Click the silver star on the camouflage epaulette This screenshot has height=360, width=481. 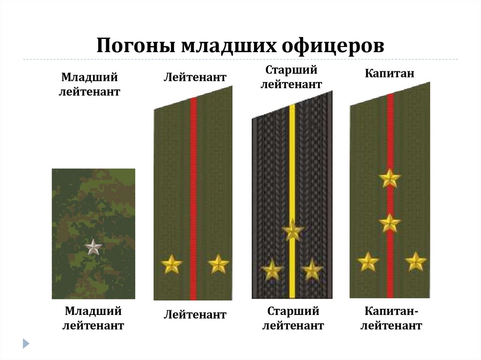(93, 247)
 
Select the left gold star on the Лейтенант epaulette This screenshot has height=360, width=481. (171, 265)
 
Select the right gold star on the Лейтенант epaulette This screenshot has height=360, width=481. (218, 264)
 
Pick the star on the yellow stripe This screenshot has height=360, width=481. (293, 230)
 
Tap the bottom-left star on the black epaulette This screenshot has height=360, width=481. (272, 270)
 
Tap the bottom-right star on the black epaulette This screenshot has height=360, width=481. (312, 270)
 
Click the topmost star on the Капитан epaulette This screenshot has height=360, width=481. (390, 178)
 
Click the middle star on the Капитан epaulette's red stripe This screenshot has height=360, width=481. (389, 223)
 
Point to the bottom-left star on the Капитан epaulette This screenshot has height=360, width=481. (367, 262)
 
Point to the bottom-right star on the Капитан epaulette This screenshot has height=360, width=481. (415, 261)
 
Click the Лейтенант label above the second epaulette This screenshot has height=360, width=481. (194, 77)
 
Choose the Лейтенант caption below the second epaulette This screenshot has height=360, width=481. (195, 314)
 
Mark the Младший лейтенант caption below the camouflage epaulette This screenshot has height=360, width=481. (93, 318)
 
